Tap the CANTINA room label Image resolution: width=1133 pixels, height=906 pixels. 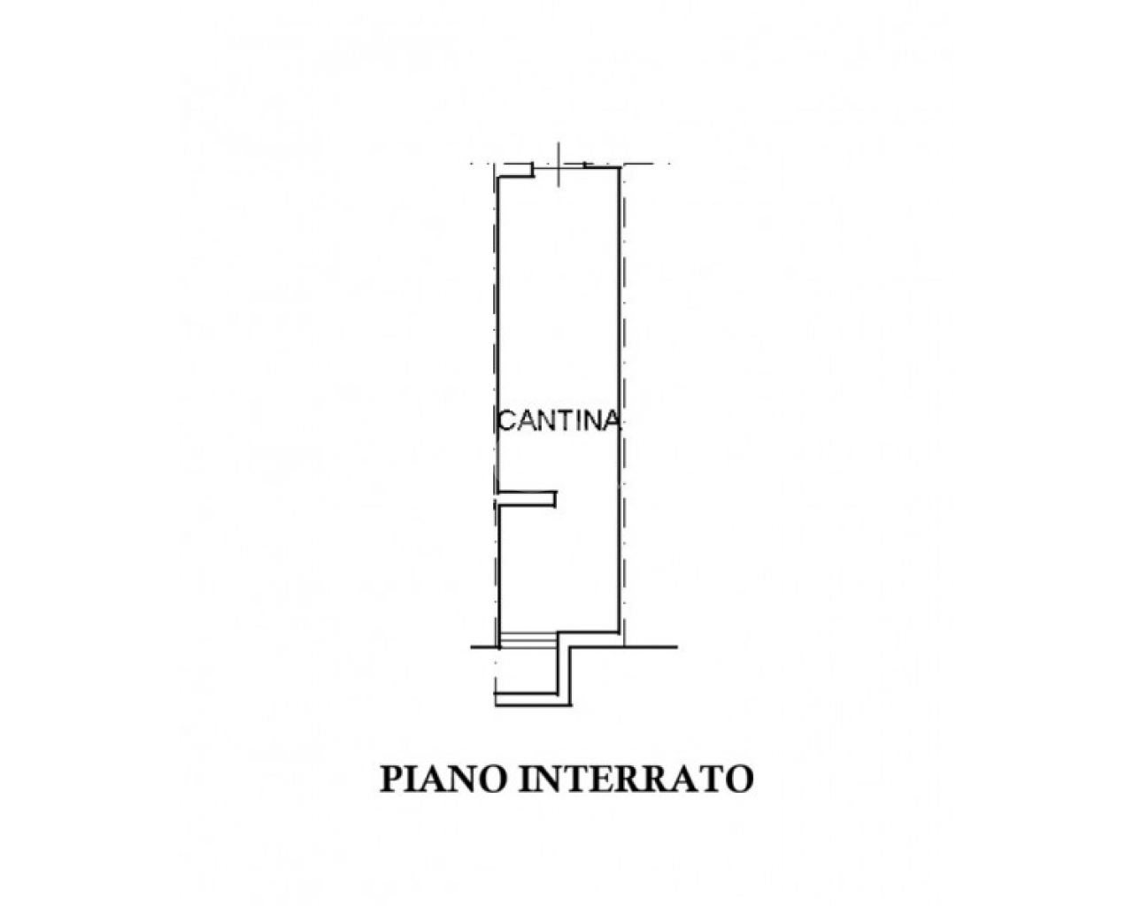[x=559, y=421]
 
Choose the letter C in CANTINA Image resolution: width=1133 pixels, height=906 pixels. [x=507, y=421]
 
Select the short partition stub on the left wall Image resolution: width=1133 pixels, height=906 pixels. [x=527, y=499]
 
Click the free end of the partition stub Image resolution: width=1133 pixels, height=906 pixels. [x=556, y=499]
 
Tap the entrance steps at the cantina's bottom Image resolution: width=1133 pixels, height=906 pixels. [x=528, y=640]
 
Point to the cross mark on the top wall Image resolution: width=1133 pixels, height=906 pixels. [x=559, y=165]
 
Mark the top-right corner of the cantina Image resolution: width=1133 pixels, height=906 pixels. [x=619, y=168]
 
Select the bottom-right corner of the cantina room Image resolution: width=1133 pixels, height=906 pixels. [x=619, y=631]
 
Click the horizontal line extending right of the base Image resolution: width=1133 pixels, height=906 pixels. [x=624, y=647]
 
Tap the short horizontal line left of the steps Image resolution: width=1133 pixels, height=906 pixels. [x=484, y=647]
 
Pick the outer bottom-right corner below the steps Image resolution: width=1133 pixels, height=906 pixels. [x=571, y=705]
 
